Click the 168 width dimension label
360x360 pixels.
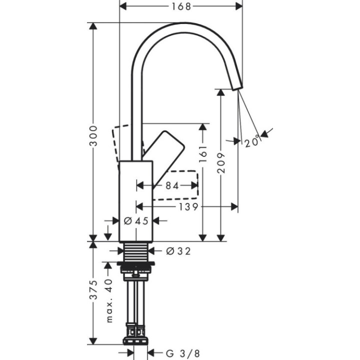pyautogui.click(x=181, y=6)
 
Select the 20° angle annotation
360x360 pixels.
pyautogui.click(x=253, y=142)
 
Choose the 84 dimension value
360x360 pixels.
pyautogui.click(x=172, y=185)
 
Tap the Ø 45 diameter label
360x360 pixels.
pyautogui.click(x=135, y=220)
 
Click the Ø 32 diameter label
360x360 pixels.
pyautogui.click(x=177, y=251)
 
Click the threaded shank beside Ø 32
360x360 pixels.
pyautogui.click(x=135, y=252)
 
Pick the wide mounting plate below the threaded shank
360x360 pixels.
pyautogui.click(x=135, y=263)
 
